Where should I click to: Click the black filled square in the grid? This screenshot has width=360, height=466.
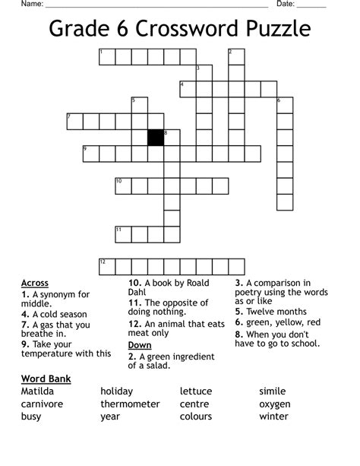pos(156,138)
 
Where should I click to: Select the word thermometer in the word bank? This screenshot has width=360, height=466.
pos(130,404)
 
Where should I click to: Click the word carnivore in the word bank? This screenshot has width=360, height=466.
pos(42,404)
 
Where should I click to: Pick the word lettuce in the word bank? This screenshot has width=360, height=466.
pos(196,391)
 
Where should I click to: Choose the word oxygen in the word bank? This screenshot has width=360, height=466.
pos(275,404)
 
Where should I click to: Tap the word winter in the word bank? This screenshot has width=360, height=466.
pos(273,416)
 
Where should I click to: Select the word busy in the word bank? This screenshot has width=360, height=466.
pos(31,416)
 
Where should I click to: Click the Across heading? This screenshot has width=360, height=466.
pos(35,283)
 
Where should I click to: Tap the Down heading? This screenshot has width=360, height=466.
pos(140,344)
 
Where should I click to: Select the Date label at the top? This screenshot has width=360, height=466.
pos(286,4)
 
